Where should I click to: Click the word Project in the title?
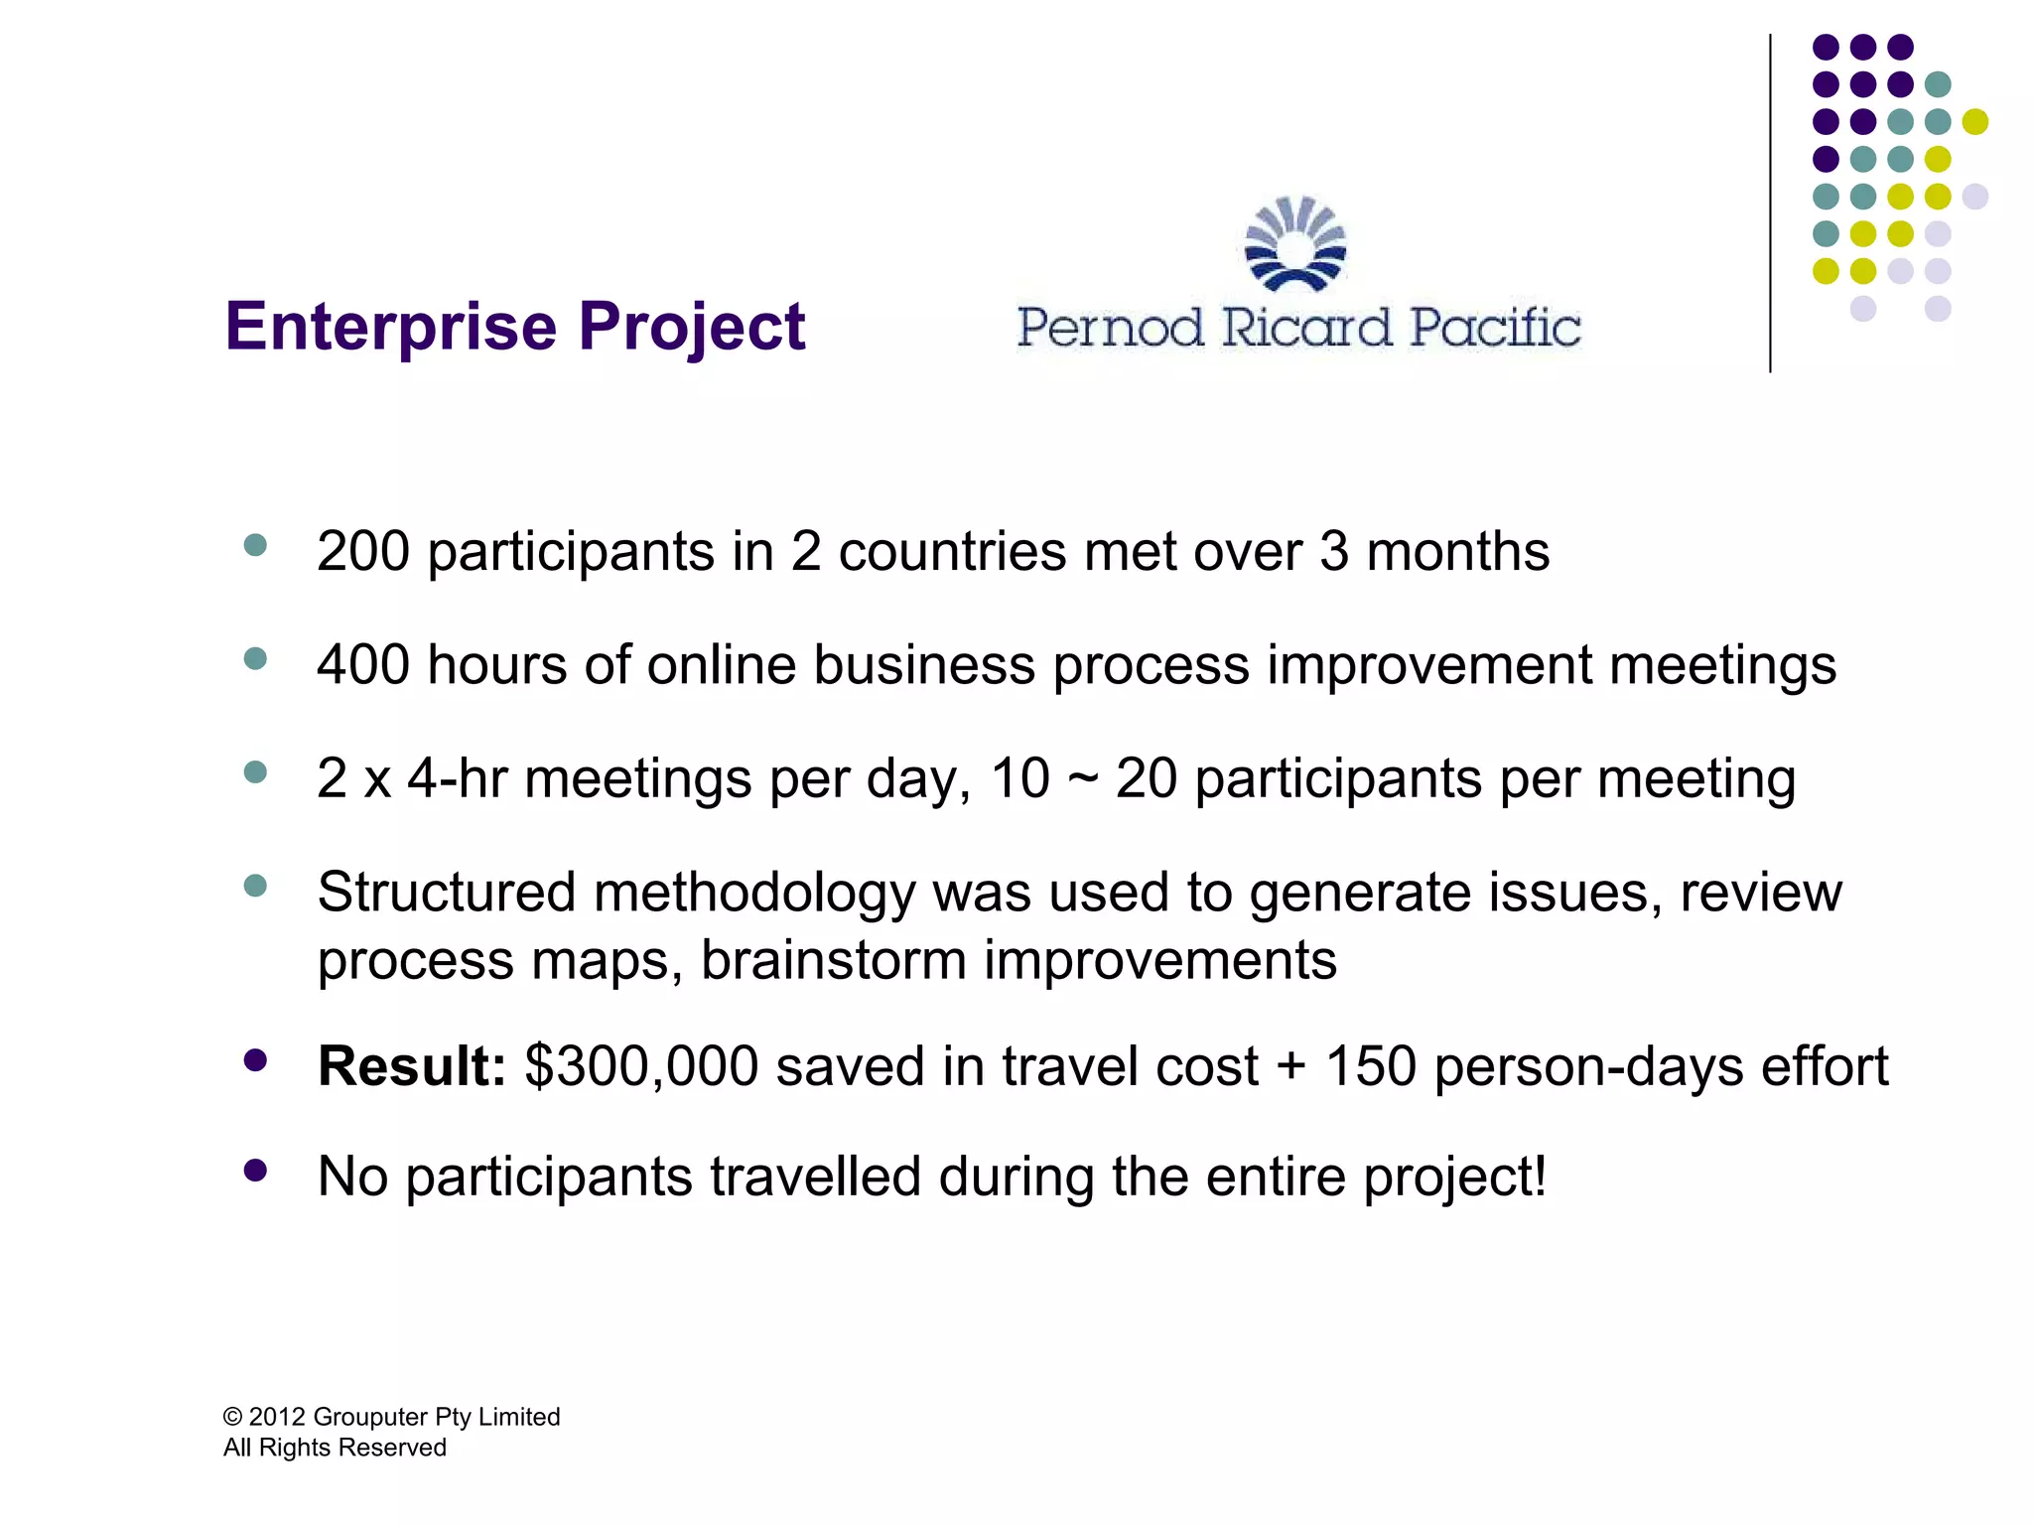coord(692,328)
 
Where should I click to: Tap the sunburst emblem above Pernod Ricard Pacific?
coord(1295,244)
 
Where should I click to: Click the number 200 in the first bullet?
coord(362,552)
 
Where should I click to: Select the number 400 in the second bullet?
coord(362,665)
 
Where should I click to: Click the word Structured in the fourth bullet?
coord(446,892)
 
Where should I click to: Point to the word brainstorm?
coord(833,961)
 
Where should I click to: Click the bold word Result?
coord(412,1066)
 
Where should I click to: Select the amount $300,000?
coord(641,1066)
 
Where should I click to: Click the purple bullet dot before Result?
coord(255,1060)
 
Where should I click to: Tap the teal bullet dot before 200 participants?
coord(255,545)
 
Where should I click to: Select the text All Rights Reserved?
coord(335,1448)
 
